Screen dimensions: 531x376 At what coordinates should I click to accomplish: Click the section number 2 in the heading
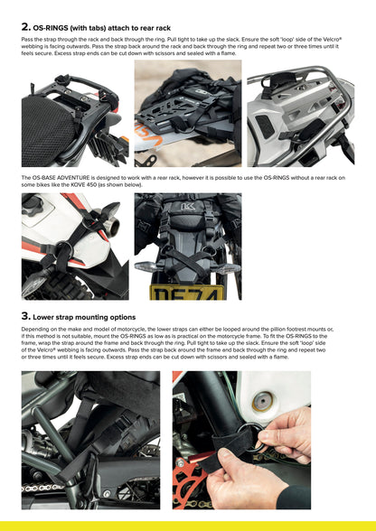(x=25, y=27)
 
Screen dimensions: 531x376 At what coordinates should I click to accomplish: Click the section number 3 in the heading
(x=25, y=317)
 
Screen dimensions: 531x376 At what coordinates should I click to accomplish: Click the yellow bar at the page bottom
(x=188, y=526)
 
